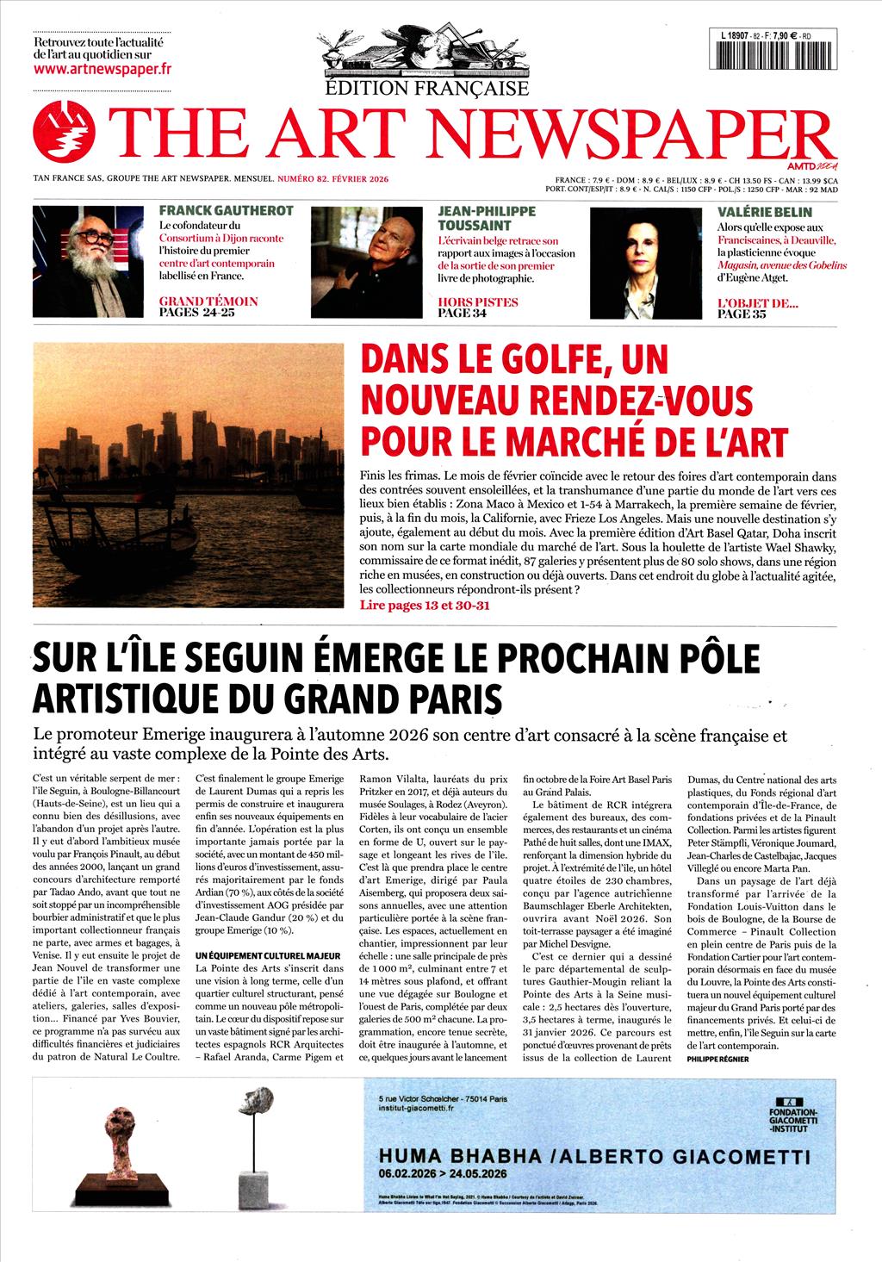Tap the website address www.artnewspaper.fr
click(x=102, y=69)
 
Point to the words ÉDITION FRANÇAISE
click(x=427, y=88)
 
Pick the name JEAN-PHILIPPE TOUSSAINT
click(x=487, y=218)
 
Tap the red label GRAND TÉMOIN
click(x=208, y=302)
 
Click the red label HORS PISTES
click(x=478, y=302)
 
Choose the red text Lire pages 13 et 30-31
click(x=425, y=606)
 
